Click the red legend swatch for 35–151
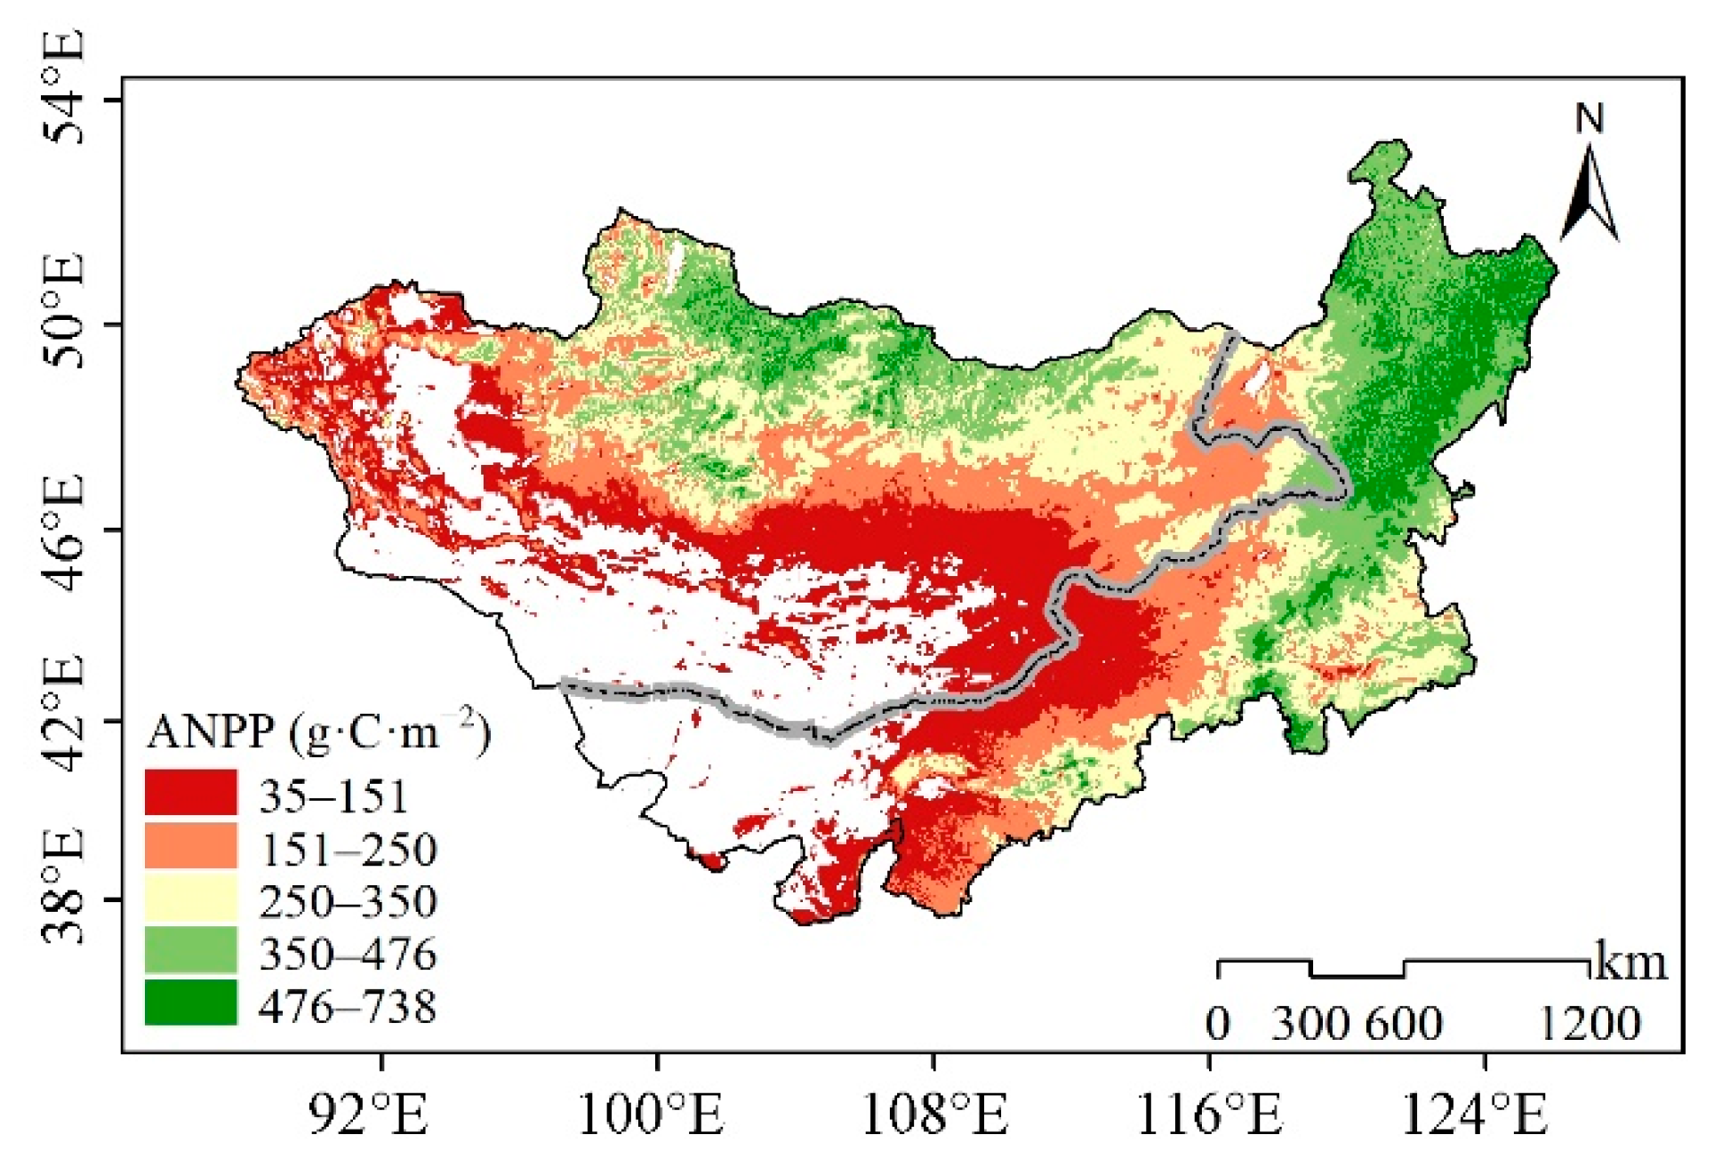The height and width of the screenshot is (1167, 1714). coord(191,793)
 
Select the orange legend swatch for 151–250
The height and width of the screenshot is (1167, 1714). coord(191,845)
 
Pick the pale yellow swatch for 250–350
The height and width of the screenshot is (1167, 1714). coord(191,898)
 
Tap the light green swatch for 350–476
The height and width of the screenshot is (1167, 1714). coord(191,950)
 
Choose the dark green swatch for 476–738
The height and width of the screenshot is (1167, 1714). coord(191,1003)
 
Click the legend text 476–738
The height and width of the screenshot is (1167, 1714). coord(348,1007)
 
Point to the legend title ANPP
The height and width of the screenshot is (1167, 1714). coord(211,732)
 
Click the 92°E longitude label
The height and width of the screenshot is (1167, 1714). coord(369,1114)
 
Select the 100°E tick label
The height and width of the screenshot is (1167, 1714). coord(652,1114)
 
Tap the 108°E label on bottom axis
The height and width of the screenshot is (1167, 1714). coord(935,1114)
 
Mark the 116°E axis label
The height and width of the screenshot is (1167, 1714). coord(1210,1114)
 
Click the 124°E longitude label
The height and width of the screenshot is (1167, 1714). coord(1475,1114)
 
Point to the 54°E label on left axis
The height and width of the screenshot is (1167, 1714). coord(64,86)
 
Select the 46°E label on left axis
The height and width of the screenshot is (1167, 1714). coord(64,532)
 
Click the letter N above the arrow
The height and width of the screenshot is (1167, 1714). coord(1590,118)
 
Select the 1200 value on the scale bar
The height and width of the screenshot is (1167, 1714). coord(1589,1024)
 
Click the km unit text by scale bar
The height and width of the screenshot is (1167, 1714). coord(1631,963)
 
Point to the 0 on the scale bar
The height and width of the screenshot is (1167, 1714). coord(1218,1024)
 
